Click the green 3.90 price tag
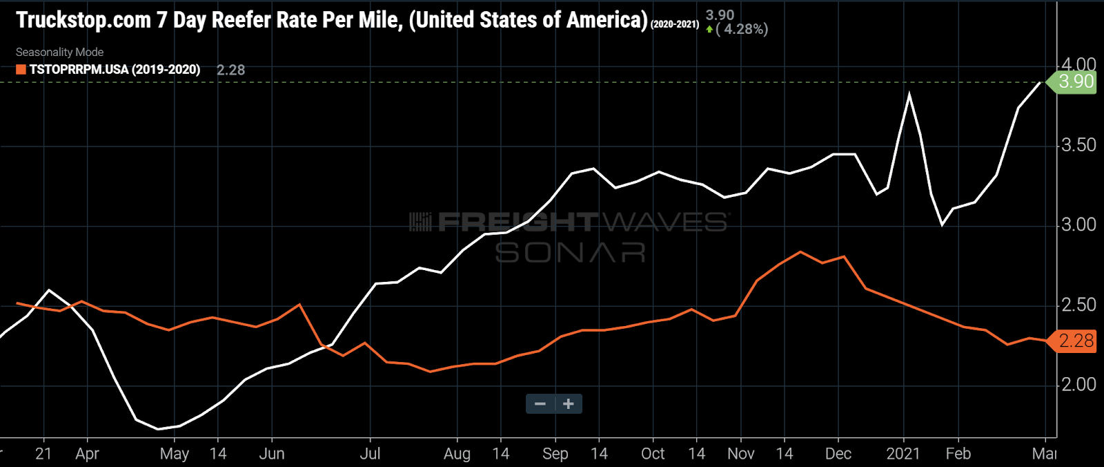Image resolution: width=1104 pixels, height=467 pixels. pos(1074,82)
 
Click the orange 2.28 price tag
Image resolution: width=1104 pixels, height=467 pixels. pos(1074,341)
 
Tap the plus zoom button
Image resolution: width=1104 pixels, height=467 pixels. pos(568,404)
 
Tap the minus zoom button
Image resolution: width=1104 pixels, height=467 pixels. pos(540,404)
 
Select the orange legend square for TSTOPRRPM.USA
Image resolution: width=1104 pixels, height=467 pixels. pos(21,69)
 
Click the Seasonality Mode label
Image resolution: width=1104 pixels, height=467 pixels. pos(59,52)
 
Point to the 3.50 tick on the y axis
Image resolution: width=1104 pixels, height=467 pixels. pos(1078,145)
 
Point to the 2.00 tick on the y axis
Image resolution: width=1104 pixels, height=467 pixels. pos(1078,384)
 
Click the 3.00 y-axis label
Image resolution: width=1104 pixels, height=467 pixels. pos(1078,225)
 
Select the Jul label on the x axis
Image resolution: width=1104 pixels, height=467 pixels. pos(370,454)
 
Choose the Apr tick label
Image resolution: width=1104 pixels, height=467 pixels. pos(87,454)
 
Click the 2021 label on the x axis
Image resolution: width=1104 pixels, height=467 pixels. pos(903,454)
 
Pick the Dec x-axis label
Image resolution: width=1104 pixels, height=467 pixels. pos(838,454)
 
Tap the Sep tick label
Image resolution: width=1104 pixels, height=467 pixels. pos(555,454)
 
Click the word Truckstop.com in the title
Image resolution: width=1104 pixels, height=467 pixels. pos(83,20)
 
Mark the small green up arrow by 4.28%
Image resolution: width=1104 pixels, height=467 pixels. pos(709,30)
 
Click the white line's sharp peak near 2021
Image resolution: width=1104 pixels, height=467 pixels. pos(909,94)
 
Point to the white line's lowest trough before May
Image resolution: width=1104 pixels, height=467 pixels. pos(158,429)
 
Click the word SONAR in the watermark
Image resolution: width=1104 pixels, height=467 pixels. pos(570,252)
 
